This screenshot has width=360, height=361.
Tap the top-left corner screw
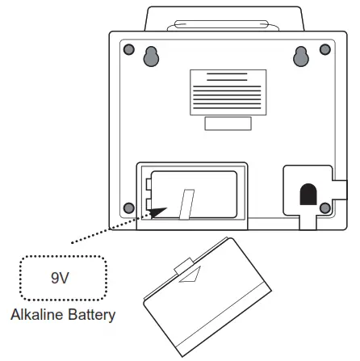pos(128,50)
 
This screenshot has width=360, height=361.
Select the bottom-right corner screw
pos(324,208)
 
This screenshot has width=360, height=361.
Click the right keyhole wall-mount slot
pos(302,56)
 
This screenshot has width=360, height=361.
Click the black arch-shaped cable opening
pos(307,194)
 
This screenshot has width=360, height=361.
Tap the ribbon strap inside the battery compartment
pos(187,204)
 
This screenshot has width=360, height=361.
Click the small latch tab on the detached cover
pos(183,263)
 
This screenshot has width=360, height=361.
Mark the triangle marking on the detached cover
pos(191,276)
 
